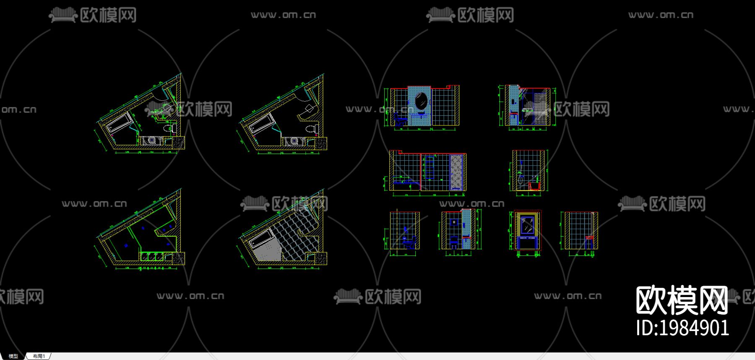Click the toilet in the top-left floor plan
168,128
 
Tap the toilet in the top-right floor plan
311,128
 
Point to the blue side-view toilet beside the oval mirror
399,121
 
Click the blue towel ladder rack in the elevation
429,168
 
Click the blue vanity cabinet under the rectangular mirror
528,242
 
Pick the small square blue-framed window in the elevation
454,222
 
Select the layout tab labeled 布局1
39,356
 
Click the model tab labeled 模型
13,356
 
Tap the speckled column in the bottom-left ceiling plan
179,258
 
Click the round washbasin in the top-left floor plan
152,141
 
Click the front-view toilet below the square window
454,241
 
